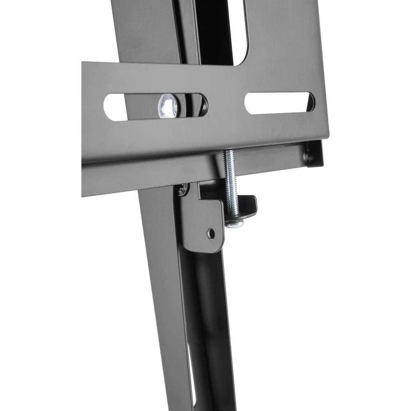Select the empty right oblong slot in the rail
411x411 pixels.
coord(279,103)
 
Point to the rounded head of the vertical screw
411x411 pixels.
coord(235,224)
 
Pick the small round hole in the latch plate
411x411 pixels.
coord(211,234)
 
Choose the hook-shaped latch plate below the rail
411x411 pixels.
coord(201,222)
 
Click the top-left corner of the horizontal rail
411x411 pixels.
coord(83,64)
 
